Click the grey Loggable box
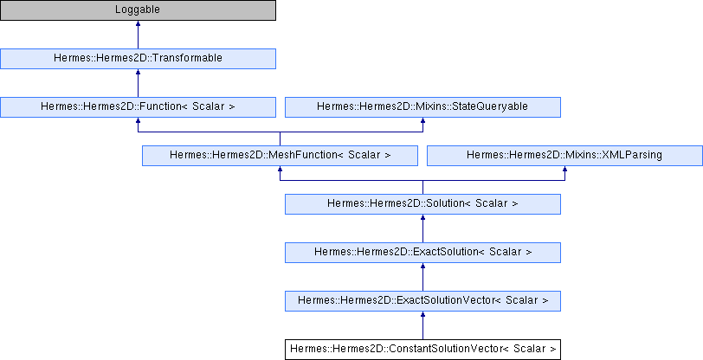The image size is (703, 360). click(138, 10)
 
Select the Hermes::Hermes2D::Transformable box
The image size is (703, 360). click(138, 59)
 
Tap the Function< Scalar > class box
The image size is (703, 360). click(138, 107)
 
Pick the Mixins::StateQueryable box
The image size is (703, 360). click(422, 107)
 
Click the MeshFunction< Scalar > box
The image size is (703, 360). click(280, 156)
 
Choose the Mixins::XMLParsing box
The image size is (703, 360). click(564, 156)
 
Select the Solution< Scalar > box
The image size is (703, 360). click(422, 204)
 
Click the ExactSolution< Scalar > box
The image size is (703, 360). click(422, 253)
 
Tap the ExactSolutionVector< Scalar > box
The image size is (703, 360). click(422, 301)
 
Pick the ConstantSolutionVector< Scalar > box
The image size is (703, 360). click(422, 350)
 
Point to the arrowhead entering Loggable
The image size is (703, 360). click(138, 23)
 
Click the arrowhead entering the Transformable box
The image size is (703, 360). click(138, 72)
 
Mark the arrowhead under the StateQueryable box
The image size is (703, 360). click(422, 120)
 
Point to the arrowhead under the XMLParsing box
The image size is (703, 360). click(564, 169)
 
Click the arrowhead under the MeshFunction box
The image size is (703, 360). click(280, 169)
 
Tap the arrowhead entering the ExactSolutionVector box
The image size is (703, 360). click(422, 314)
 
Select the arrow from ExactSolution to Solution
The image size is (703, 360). click(422, 228)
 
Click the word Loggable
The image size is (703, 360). click(138, 10)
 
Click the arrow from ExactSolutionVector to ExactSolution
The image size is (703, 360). click(422, 277)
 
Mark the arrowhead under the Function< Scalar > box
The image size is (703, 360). click(138, 120)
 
